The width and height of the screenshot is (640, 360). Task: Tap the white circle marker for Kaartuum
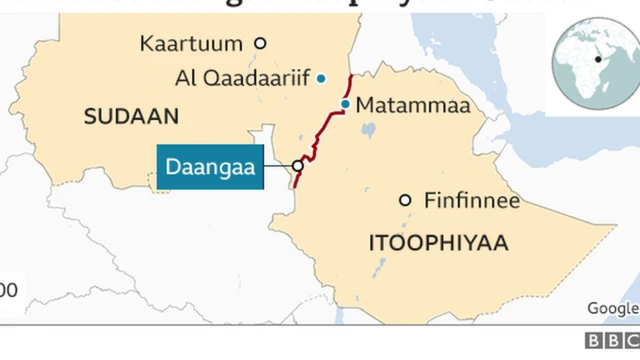pos(260,43)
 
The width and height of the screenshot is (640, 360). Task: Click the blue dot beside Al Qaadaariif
pos(320,78)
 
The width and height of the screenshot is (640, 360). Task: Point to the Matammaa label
pos(397,105)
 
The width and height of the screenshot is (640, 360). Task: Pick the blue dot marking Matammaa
pos(345,104)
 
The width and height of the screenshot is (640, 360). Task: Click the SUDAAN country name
pos(131,117)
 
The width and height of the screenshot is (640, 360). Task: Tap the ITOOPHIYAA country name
pos(438,243)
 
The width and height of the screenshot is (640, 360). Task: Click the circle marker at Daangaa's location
pos(297,166)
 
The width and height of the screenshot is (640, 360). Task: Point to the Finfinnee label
pos(472,200)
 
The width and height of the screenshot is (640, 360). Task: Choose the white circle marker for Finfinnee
pos(405,200)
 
